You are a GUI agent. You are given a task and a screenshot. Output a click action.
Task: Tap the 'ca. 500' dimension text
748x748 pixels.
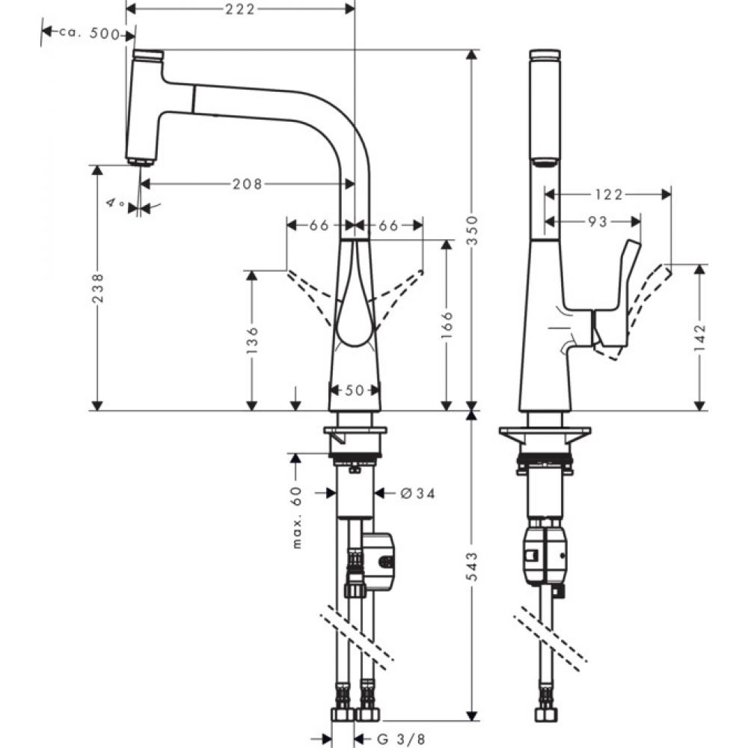pos(94,32)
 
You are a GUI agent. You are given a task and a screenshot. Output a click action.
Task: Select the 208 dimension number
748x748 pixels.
pos(246,183)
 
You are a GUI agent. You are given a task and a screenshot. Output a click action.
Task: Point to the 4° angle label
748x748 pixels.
pos(115,203)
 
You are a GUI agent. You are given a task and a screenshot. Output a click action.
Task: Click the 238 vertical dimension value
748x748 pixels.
pos(97,287)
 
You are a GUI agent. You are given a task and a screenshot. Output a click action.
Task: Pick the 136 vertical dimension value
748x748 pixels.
pos(253,340)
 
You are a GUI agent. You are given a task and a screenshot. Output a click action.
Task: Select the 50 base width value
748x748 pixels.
pos(355,390)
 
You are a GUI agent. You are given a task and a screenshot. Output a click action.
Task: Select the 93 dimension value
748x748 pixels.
pos(597,221)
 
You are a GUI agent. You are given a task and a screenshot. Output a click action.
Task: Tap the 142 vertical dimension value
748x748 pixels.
pos(700,337)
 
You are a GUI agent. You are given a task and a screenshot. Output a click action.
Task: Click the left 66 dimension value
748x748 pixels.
pos(319,225)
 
